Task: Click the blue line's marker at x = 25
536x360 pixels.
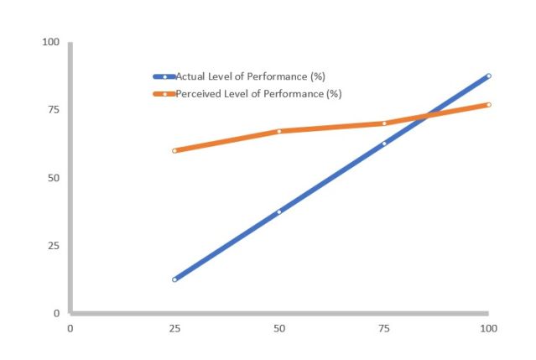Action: point(174,279)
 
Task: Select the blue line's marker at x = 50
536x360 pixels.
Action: point(279,211)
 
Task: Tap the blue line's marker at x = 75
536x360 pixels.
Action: point(384,143)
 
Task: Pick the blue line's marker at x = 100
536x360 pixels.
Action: point(488,76)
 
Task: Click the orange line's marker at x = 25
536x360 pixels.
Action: point(174,151)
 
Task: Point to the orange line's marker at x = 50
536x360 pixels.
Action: point(279,131)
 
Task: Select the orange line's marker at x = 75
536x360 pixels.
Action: point(384,123)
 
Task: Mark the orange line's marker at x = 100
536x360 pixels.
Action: point(488,105)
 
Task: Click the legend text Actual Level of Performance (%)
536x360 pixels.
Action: point(250,76)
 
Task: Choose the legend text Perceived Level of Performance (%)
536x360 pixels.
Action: point(258,93)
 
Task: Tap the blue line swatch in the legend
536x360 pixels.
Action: point(164,76)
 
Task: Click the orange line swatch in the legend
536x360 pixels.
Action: point(164,93)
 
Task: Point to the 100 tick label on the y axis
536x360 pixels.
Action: point(51,42)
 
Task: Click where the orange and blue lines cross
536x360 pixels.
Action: point(427,116)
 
